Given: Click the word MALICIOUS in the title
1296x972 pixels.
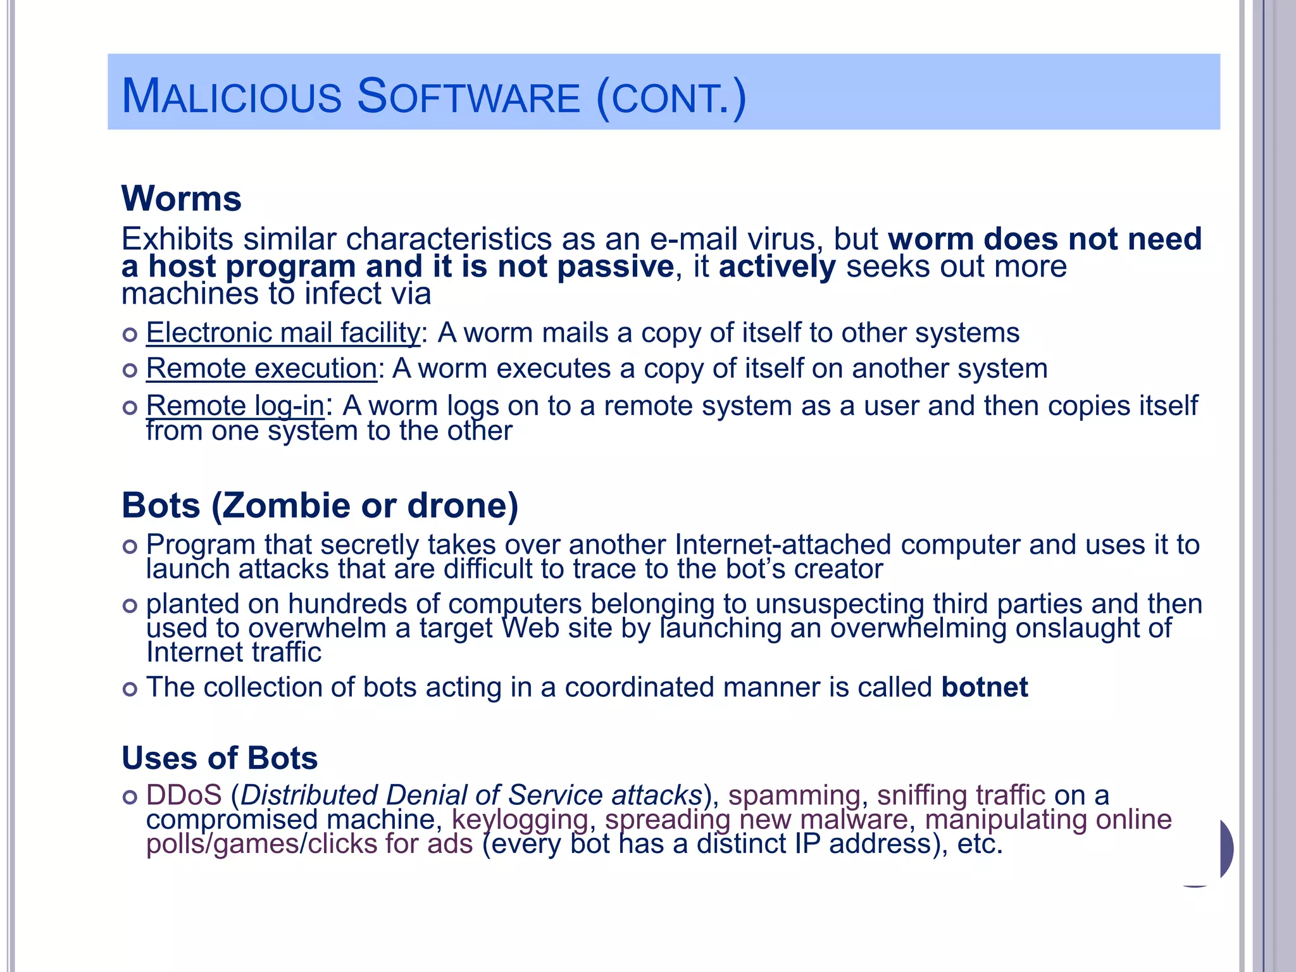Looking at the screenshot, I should [232, 97].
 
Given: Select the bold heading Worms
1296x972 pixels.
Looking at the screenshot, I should [182, 199].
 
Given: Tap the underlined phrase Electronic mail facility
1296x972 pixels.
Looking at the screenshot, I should [283, 333].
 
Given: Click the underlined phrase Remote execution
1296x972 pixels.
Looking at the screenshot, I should [261, 369].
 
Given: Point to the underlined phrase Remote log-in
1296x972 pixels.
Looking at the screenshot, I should [235, 406].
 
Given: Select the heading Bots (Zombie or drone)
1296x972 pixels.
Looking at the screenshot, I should [320, 506].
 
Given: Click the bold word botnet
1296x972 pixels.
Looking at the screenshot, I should [985, 687].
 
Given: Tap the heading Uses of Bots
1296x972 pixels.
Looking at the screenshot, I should [220, 758].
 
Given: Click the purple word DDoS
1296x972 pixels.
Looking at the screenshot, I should [184, 795].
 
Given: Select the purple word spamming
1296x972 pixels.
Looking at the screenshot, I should [794, 795].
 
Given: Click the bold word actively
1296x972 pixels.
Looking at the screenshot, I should [777, 266].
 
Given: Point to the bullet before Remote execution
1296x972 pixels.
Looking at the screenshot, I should [130, 370].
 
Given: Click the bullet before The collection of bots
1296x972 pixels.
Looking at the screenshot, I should [130, 689].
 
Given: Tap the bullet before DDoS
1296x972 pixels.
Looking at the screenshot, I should [130, 797].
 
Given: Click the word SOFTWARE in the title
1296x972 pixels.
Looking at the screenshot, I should [468, 97].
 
